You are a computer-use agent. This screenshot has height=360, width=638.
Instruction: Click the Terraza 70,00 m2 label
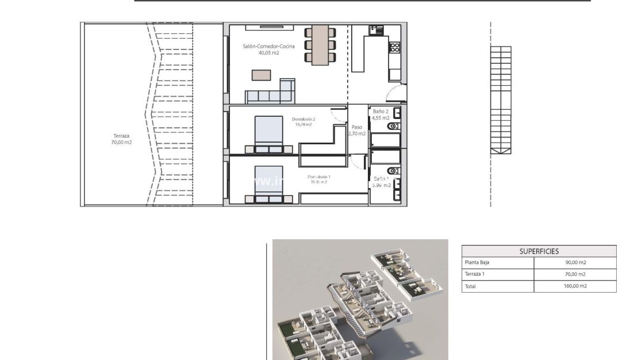(x=121, y=139)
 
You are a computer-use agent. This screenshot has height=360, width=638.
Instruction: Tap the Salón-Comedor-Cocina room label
(x=260, y=49)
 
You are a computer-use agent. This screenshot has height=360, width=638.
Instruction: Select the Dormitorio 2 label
(x=303, y=121)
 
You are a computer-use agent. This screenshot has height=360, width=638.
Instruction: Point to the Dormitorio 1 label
(x=318, y=179)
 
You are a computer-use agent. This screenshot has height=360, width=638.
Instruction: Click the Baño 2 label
(x=381, y=114)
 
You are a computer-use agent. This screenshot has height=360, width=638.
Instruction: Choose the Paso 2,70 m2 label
(x=357, y=130)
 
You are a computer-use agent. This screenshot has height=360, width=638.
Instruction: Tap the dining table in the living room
(x=320, y=45)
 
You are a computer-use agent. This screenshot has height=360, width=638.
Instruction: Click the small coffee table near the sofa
(x=261, y=75)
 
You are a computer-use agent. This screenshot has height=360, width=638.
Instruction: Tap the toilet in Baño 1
(x=393, y=171)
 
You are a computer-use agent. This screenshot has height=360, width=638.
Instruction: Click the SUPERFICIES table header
(x=539, y=251)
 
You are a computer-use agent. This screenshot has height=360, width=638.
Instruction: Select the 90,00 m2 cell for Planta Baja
(x=575, y=263)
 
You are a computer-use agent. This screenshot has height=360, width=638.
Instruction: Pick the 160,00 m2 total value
(x=575, y=286)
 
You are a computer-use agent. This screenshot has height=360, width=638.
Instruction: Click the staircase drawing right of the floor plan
(x=501, y=101)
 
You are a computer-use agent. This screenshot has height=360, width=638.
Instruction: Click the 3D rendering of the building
(x=360, y=300)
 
